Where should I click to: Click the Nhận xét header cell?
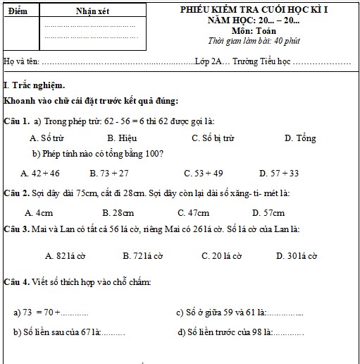pyautogui.click(x=91, y=11)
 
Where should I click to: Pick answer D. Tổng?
pyautogui.click(x=300, y=138)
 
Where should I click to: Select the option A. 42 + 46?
pyautogui.click(x=40, y=173)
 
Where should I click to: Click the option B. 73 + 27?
pyautogui.click(x=109, y=173)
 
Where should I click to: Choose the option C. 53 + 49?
pyautogui.click(x=203, y=173)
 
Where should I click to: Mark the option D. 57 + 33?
pyautogui.click(x=279, y=173)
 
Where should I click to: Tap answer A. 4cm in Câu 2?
pyautogui.click(x=39, y=212)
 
